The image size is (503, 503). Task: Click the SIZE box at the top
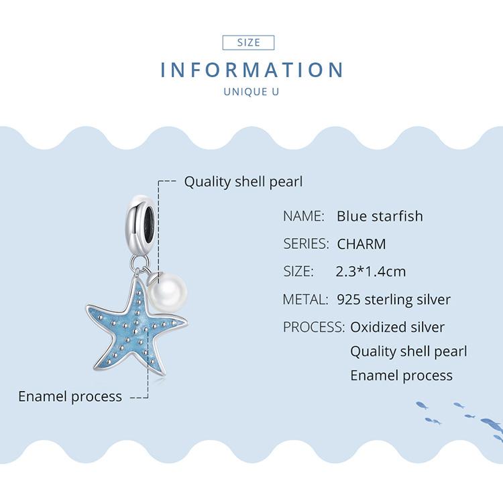248,42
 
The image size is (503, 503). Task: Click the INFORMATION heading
251,70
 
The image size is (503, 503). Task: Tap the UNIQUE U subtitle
251,92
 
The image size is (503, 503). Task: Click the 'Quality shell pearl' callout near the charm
243,182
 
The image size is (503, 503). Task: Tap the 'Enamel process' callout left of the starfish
70,396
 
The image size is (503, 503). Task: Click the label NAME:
304,217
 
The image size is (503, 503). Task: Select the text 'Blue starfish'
380,217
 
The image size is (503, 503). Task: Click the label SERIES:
306,244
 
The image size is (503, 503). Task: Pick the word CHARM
361,244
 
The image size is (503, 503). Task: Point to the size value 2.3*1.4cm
370,272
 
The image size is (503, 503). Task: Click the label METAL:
305,299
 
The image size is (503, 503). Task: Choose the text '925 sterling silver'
394,299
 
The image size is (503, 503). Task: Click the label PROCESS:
314,327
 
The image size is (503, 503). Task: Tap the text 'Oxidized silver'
397,327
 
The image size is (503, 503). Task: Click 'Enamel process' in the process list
401,376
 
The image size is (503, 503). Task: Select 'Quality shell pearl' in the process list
408,351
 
